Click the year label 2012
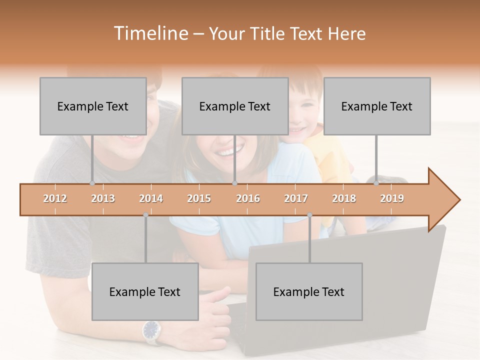55,199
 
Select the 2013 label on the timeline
103,199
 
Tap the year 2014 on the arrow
151,199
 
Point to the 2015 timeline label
199,199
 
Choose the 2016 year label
248,199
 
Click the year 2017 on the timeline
296,199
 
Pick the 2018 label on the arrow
344,199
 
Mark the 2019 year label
392,199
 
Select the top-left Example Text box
93,106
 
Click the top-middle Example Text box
235,106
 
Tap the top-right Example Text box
377,106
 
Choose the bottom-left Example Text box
145,292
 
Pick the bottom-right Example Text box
309,292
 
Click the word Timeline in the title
150,33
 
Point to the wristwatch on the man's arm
150,330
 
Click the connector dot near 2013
92,183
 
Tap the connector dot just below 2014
145,215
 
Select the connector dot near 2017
309,215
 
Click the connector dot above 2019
376,183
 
